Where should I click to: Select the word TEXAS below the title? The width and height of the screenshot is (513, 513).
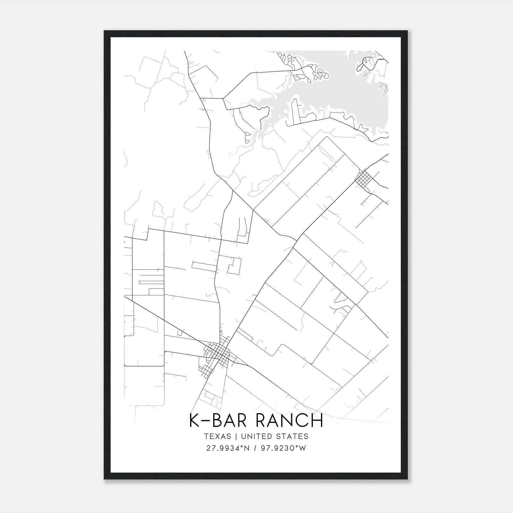217,436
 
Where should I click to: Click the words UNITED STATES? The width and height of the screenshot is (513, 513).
275,436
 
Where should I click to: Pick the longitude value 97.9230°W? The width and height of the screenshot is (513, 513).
284,448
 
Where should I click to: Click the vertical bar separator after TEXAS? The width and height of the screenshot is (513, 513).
236,436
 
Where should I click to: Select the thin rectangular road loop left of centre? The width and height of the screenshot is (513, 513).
204,266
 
